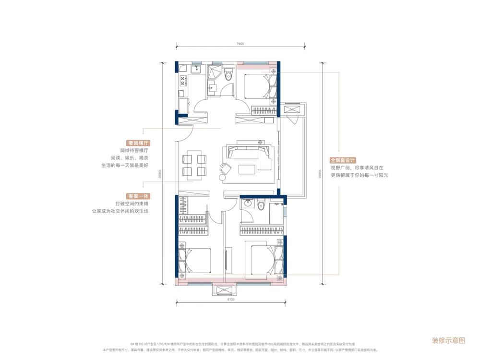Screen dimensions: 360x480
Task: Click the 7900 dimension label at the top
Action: click(241, 44)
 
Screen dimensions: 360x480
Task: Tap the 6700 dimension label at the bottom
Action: click(230, 300)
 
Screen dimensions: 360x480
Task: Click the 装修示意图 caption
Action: click(449, 340)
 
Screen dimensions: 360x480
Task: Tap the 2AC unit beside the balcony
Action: click(292, 110)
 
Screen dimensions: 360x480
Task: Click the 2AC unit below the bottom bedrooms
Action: click(224, 289)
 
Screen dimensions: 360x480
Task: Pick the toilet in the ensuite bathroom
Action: click(261, 205)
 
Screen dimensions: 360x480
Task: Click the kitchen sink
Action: click(195, 71)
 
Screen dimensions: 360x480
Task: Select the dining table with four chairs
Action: click(194, 165)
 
